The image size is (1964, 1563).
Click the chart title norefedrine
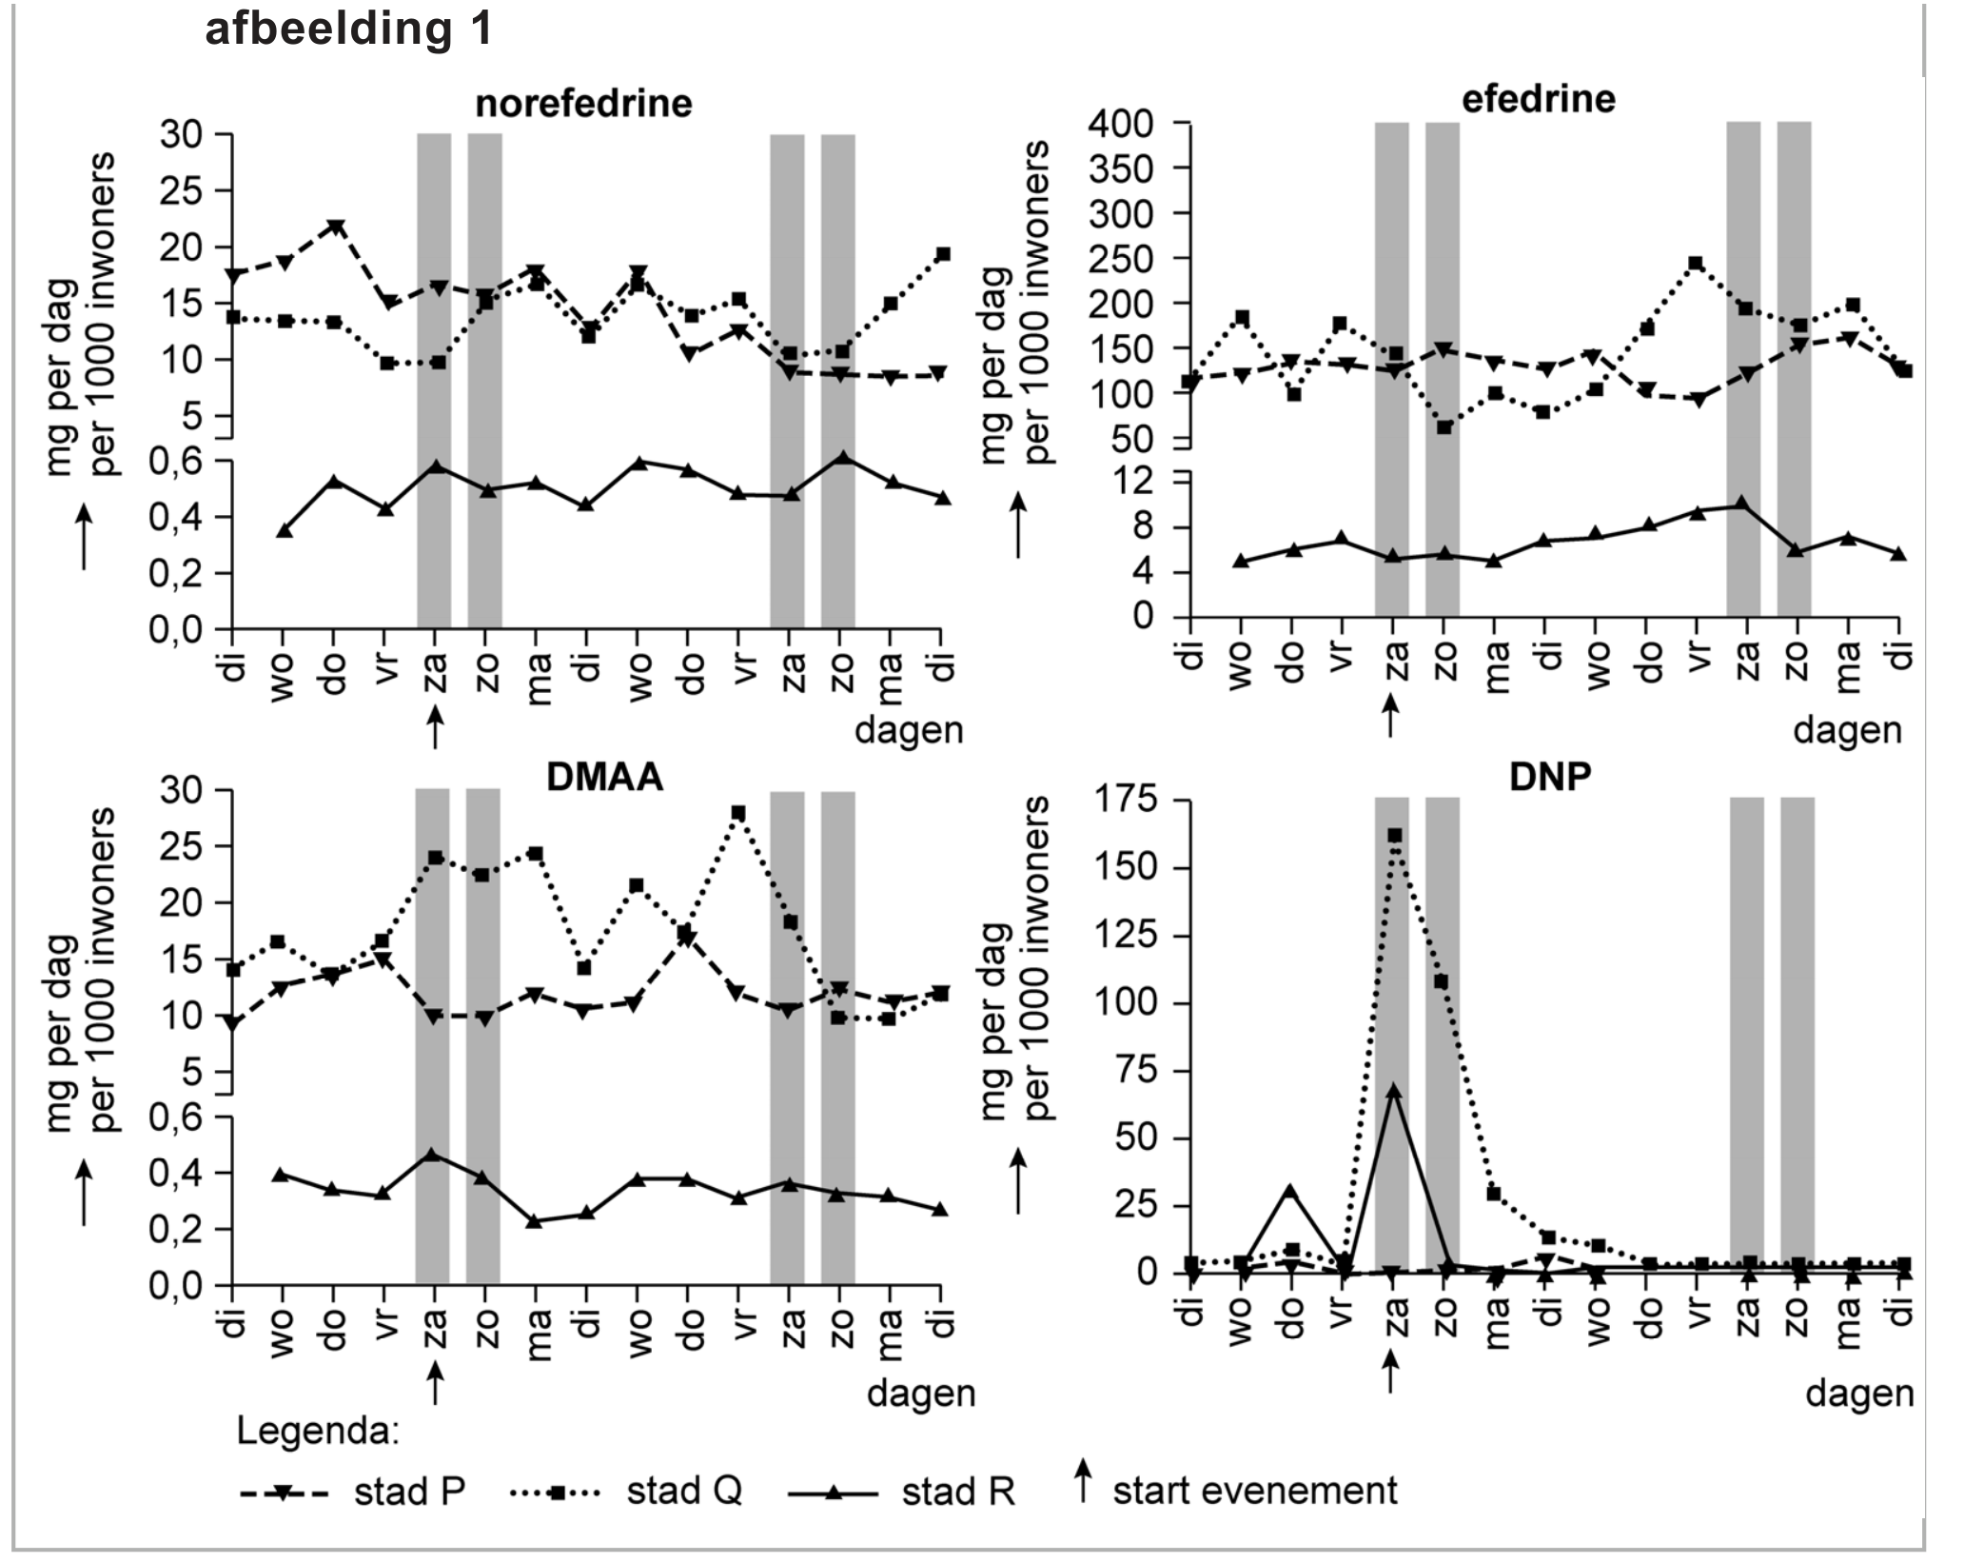point(583,103)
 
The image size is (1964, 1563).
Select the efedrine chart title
point(1538,99)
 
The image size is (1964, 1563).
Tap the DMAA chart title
point(604,778)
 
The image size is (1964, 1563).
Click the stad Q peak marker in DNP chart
point(1394,835)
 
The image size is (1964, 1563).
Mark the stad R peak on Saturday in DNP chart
point(1393,1091)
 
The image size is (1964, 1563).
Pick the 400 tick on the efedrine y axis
point(1142,124)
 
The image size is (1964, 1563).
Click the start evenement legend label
point(1254,1491)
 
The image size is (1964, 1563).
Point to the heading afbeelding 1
point(349,29)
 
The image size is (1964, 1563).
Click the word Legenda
point(318,1431)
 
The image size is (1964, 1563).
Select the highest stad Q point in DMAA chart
point(738,813)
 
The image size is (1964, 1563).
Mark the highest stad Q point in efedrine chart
point(1696,264)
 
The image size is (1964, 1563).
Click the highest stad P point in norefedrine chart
point(335,227)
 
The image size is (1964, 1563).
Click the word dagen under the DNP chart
point(1859,1394)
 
